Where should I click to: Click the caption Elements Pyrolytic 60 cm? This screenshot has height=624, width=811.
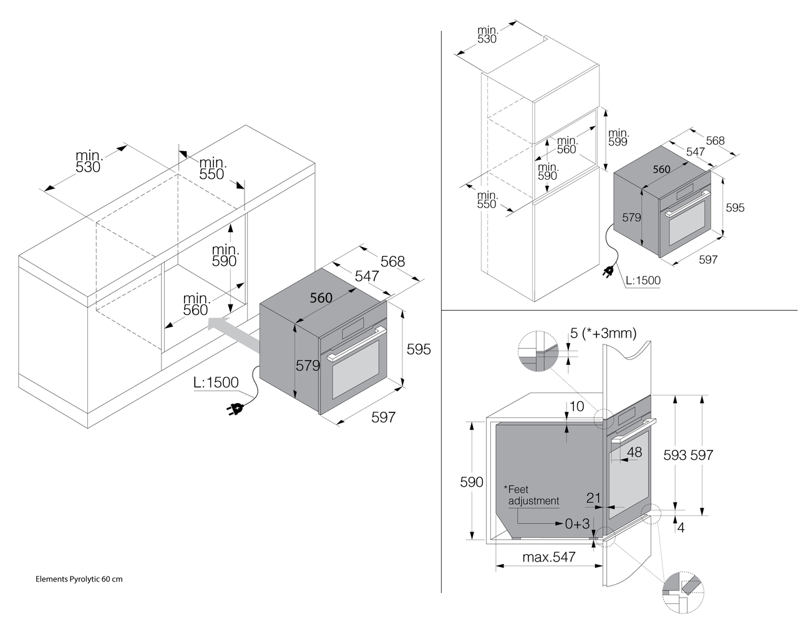pos(79,579)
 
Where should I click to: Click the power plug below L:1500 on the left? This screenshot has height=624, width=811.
pos(236,409)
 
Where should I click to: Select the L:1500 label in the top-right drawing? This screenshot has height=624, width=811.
pos(643,280)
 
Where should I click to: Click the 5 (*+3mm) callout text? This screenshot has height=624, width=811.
pos(603,334)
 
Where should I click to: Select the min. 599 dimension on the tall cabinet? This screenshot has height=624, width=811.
pos(618,137)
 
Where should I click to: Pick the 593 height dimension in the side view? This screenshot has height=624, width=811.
pos(675,456)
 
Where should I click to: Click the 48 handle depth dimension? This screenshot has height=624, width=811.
pos(634,452)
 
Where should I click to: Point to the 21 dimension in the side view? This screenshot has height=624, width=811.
pos(593,498)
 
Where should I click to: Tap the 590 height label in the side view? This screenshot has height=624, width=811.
pos(472,482)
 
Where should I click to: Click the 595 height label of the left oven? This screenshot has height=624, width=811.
pos(419,349)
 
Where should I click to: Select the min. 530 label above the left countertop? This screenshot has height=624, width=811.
pos(89,161)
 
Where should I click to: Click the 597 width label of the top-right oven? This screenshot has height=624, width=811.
pos(708,260)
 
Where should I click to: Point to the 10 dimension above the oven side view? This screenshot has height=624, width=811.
pos(577,407)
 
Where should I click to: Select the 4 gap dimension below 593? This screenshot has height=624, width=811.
pos(681,528)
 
